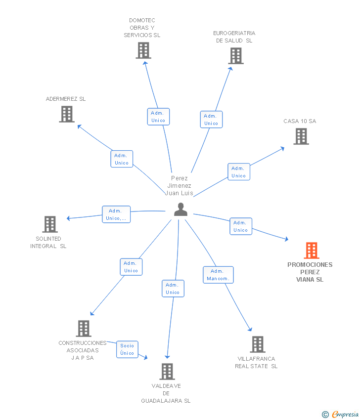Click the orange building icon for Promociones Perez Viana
[x=312, y=251]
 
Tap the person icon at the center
[x=180, y=210]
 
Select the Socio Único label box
[x=127, y=349]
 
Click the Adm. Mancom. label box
[x=218, y=275]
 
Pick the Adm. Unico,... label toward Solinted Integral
[x=116, y=214]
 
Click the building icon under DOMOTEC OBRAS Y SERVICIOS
[x=143, y=50]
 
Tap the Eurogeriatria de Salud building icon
[x=236, y=56]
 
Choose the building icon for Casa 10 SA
[x=301, y=136]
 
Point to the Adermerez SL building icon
[x=67, y=114]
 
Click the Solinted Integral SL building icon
[x=50, y=224]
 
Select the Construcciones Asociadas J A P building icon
[x=84, y=329]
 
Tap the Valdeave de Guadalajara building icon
[x=167, y=372]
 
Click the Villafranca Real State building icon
[x=258, y=344]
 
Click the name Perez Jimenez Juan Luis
[x=180, y=186]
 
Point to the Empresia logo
[x=340, y=414]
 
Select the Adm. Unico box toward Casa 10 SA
[x=239, y=171]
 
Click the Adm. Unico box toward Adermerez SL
[x=122, y=159]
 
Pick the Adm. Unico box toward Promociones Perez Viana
[x=241, y=226]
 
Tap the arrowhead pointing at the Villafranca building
[x=250, y=329]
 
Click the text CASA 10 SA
[x=300, y=121]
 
